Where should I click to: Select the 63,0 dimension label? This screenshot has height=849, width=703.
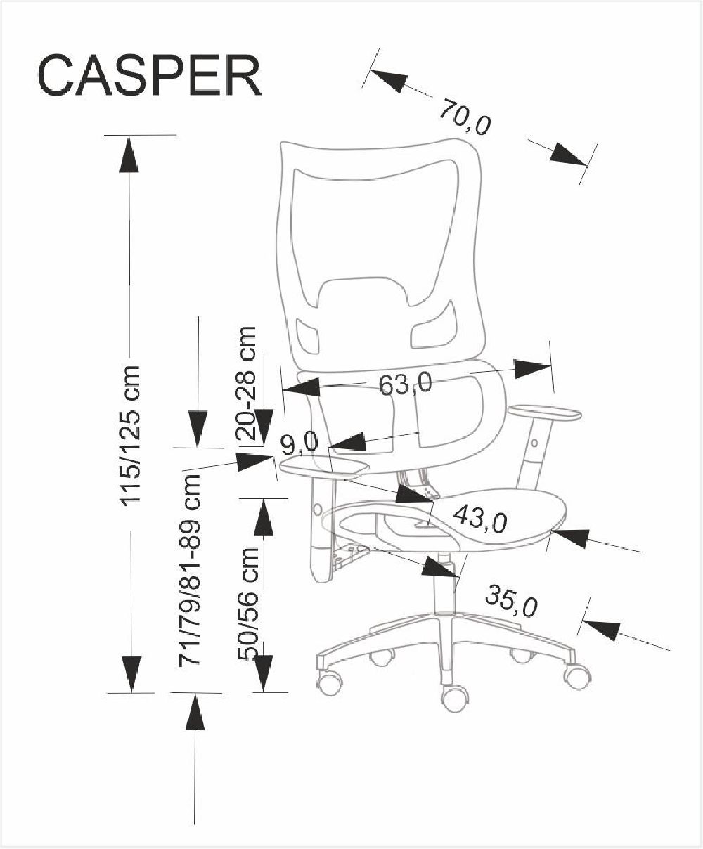coord(405,384)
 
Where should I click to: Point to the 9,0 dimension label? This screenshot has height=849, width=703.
coord(300,443)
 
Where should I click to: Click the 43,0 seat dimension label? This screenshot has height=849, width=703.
coord(480,519)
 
